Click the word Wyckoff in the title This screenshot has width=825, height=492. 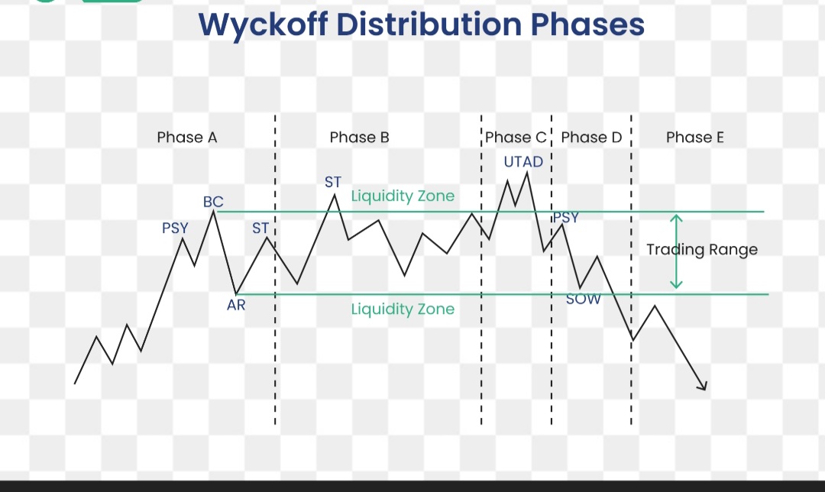click(x=263, y=25)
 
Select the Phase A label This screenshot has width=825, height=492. click(x=187, y=138)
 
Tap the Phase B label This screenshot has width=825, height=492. click(x=359, y=138)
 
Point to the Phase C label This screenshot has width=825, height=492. click(x=516, y=138)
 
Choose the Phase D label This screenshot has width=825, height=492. click(x=591, y=138)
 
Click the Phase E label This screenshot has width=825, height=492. click(x=695, y=138)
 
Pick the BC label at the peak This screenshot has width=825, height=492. click(x=213, y=202)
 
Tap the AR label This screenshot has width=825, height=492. click(x=236, y=305)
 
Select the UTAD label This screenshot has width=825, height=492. click(x=523, y=161)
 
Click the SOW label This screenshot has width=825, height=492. click(x=584, y=299)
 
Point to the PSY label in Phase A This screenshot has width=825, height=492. click(x=175, y=228)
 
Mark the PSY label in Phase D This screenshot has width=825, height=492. click(x=566, y=217)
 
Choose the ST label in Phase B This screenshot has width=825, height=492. click(x=333, y=182)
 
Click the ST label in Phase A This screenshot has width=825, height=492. click(x=260, y=228)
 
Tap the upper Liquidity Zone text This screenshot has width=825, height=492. click(x=403, y=196)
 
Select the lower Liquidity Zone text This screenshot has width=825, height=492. click(x=403, y=309)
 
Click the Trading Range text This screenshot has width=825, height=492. click(x=702, y=249)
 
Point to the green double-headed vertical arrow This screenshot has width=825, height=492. click(x=676, y=251)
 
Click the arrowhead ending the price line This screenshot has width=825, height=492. click(x=704, y=387)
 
